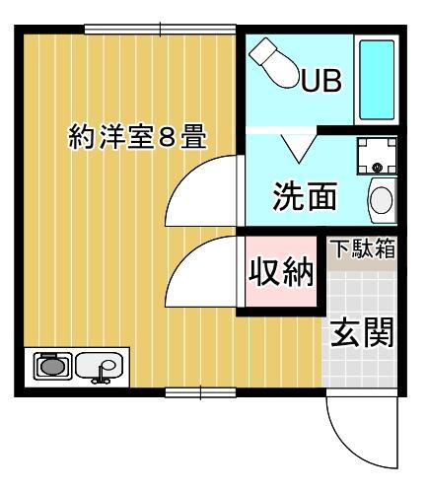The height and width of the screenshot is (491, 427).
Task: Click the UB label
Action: [x=321, y=80]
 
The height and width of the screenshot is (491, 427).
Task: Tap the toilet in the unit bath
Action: [x=273, y=63]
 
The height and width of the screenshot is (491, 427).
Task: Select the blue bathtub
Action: [x=377, y=80]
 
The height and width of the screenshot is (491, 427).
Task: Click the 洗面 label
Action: [x=305, y=196]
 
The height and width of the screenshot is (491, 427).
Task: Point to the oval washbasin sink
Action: [x=382, y=200]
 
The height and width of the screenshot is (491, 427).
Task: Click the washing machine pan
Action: [x=377, y=156]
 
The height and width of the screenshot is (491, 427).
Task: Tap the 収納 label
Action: [x=280, y=272]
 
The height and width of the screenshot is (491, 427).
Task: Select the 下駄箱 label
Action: [x=363, y=248]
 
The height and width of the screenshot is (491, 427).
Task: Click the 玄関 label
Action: [x=362, y=332]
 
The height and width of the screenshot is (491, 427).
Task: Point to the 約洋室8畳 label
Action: [x=137, y=136]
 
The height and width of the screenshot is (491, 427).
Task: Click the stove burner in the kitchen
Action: [x=52, y=366]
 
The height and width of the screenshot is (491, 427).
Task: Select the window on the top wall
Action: [x=160, y=30]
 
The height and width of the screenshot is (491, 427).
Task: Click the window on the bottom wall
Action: [x=200, y=392]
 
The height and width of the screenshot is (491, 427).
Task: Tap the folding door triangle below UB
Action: [x=299, y=148]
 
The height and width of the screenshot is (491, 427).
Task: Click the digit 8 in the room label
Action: [x=166, y=136]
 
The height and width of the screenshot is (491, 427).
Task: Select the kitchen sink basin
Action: [x=100, y=365]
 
